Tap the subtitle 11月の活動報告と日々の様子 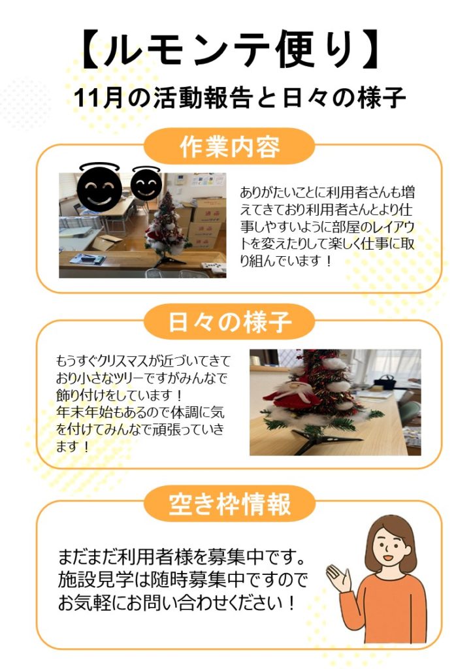[x=239, y=98]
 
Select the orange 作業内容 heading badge [x=229, y=146]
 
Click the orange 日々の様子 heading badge [x=229, y=321]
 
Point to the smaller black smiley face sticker [x=146, y=183]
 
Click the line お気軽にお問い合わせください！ [x=176, y=603]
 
